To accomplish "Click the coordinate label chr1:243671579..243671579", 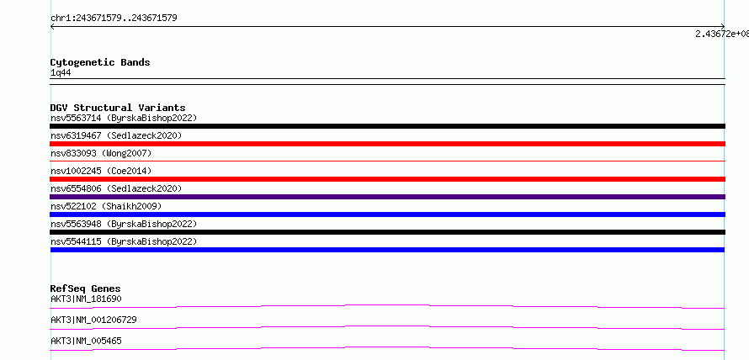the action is (x=114, y=19).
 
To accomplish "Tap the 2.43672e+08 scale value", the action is (x=722, y=34).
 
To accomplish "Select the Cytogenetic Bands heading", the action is (x=100, y=62).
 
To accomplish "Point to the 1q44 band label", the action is (x=61, y=73).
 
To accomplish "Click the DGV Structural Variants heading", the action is (x=118, y=108).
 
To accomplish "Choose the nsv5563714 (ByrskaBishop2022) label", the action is (x=124, y=118).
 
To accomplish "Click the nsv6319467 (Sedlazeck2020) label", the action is (x=116, y=135).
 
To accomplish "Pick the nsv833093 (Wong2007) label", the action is (x=101, y=153).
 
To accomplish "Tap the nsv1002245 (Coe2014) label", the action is (x=101, y=171).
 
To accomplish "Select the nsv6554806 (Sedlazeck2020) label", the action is (x=116, y=188).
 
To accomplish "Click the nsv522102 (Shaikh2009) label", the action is (x=107, y=206).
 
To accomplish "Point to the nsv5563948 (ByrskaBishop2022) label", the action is (x=124, y=224).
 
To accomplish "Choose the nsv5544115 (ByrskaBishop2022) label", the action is (x=124, y=241).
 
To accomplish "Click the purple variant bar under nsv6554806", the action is (x=387, y=197).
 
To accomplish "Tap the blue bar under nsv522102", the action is (x=387, y=214).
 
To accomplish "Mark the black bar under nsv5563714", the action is (x=387, y=126).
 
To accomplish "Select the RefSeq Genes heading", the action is (x=86, y=289).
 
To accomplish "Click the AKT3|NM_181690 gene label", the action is (x=86, y=299).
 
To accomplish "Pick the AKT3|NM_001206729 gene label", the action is (x=93, y=320).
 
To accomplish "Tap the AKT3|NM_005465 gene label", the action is (x=86, y=341).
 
